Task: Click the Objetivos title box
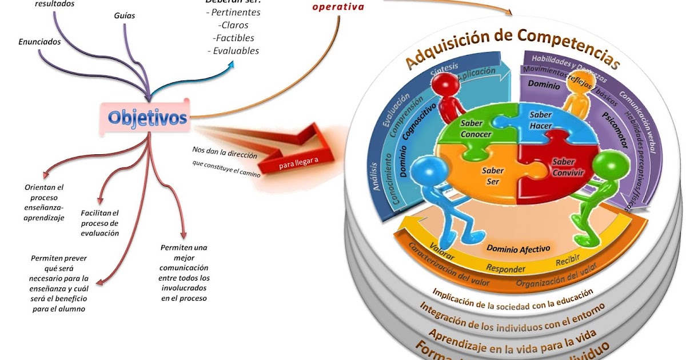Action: pos(147,118)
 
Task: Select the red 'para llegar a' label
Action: pos(298,165)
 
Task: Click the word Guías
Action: pos(125,15)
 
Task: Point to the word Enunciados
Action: pos(39,41)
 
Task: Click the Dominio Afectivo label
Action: pos(518,249)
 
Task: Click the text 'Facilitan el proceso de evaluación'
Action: pos(100,222)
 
